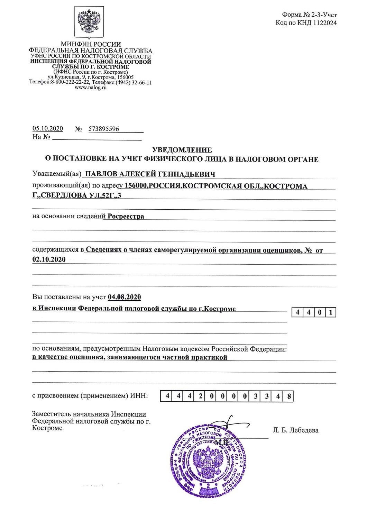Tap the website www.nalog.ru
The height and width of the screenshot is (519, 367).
pos(91,88)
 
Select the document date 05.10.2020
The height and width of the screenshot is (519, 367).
pos(48,129)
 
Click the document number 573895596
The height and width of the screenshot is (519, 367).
pos(104,129)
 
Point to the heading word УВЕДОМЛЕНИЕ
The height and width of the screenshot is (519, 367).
pos(182,150)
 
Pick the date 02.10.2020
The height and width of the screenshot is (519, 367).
pos(49,259)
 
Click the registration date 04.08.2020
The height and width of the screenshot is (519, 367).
pos(124,297)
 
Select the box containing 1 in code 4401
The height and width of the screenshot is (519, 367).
pos(331,313)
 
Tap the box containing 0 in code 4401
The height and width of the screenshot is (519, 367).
pos(320,313)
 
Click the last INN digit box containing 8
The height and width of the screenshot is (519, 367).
pos(289,397)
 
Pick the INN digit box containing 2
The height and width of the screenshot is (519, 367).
pos(201,397)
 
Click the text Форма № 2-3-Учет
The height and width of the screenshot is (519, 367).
pos(309,15)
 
